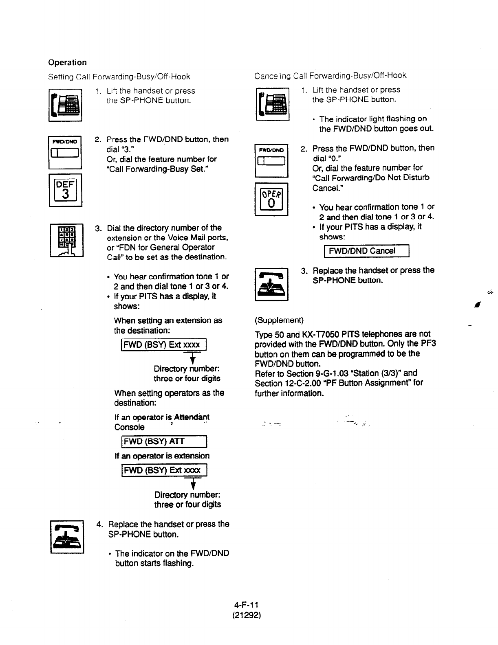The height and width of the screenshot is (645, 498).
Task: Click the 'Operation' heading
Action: click(67, 62)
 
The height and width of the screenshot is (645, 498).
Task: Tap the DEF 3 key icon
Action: click(65, 190)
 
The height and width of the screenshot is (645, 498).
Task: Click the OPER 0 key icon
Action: click(271, 200)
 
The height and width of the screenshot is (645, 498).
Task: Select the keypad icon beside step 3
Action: click(66, 240)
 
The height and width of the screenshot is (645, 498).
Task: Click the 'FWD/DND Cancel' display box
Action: click(366, 251)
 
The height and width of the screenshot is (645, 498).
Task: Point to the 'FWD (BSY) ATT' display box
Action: click(161, 441)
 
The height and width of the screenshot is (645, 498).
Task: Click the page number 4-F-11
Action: click(244, 605)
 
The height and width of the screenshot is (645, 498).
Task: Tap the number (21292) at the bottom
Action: click(244, 614)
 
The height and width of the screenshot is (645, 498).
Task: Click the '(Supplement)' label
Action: click(279, 320)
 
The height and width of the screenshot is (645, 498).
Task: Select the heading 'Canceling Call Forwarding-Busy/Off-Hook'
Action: click(330, 76)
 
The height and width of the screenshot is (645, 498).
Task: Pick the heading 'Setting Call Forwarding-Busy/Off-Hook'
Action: click(119, 77)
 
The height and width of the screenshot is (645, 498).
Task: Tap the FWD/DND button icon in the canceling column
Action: click(271, 160)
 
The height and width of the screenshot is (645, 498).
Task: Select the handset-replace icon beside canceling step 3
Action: click(271, 284)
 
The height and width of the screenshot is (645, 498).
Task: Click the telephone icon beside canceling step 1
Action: click(272, 104)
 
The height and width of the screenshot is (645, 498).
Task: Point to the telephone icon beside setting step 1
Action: click(65, 105)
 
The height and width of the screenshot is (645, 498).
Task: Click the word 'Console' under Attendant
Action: click(129, 427)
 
